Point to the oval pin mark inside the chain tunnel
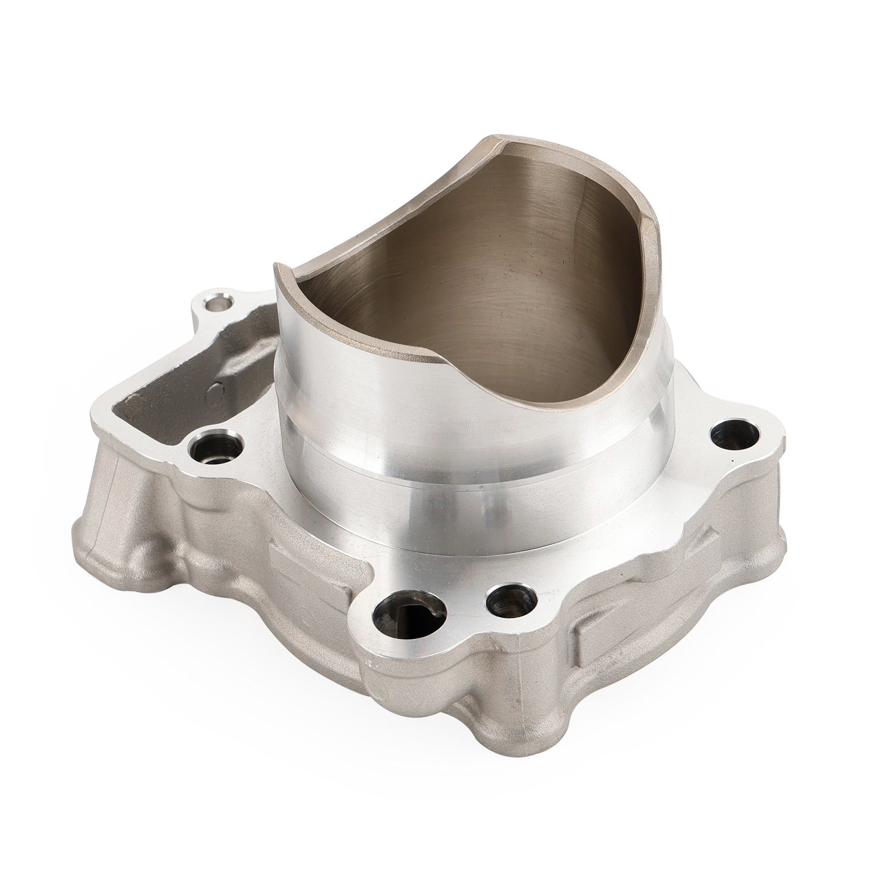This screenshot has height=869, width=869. tap(219, 389)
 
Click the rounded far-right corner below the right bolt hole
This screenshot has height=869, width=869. tap(760, 478)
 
